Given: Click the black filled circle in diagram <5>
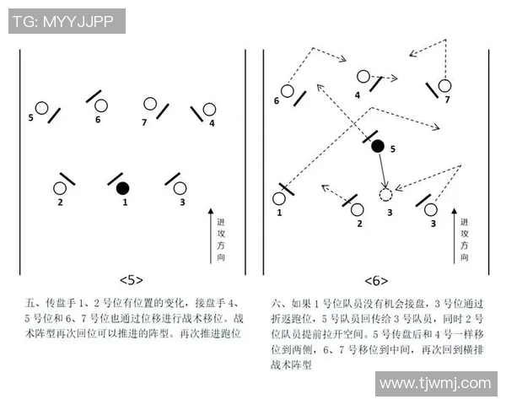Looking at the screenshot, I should tap(123, 187).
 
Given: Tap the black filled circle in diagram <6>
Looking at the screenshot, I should tap(378, 146).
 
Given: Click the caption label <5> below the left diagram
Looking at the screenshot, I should tap(131, 280).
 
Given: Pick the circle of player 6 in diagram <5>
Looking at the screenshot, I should tap(101, 105).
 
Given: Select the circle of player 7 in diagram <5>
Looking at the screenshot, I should tap(150, 105).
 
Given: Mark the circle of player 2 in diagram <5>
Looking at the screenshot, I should tap(61, 188).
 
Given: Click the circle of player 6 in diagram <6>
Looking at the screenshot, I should tap(287, 90).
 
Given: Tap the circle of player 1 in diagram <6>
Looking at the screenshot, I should tap(279, 199).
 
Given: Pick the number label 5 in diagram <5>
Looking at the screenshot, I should tap(31, 117).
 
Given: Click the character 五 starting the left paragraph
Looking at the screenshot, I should tap(31, 301).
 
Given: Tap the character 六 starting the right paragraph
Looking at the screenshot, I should tap(276, 301).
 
